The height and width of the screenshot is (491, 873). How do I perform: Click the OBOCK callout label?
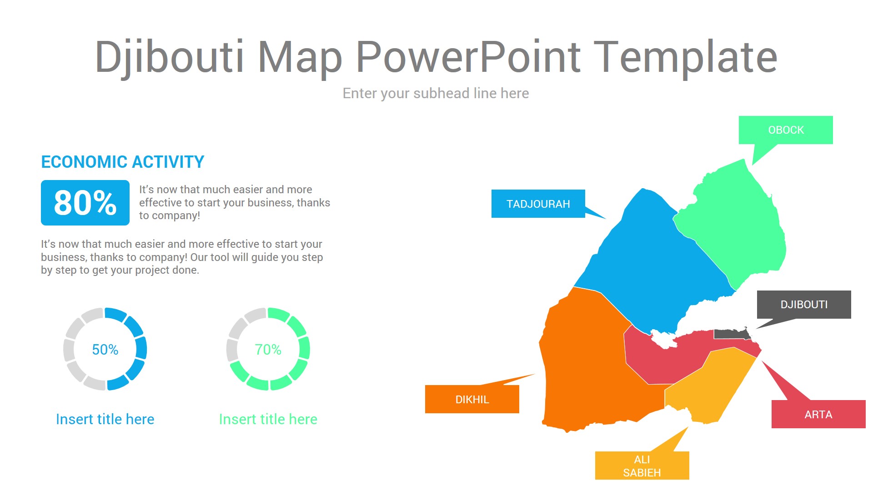coord(786,130)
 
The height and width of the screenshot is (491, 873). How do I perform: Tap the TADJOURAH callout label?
coord(538,204)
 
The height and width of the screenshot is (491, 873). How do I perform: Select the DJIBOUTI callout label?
coord(804,305)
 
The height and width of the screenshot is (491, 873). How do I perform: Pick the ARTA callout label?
coord(818,414)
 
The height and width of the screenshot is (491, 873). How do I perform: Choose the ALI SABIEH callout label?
coord(642,466)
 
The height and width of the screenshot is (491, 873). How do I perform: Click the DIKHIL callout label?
coord(472,399)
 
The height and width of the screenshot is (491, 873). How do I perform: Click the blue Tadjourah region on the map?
coord(655,264)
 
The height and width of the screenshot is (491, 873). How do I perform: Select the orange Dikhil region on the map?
coord(591,364)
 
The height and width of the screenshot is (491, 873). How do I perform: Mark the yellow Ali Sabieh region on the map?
coord(709,386)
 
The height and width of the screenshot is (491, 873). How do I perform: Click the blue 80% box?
coord(85,203)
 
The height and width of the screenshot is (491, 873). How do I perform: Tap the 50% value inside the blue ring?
coord(105,350)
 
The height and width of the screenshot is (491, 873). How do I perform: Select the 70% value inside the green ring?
coord(268,350)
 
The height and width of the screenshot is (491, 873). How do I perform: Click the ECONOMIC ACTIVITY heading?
coord(123,162)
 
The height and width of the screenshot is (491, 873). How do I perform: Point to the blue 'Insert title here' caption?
coord(105,419)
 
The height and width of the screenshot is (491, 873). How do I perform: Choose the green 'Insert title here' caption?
coord(268,419)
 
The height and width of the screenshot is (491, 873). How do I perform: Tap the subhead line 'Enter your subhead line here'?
coord(436,94)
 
